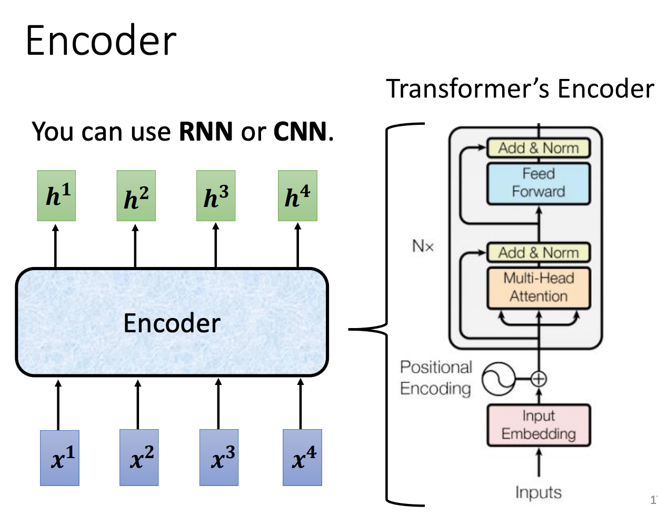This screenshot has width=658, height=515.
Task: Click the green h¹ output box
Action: pos(56,196)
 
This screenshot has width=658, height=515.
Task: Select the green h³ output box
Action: pos(216,196)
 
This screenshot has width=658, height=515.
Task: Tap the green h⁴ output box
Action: pos(297,196)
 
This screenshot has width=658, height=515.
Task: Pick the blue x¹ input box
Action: pos(60,458)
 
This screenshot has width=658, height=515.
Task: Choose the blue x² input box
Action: pos(139,457)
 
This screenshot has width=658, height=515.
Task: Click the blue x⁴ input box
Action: pos(302,457)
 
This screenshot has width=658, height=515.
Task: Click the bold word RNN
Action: pos(206,131)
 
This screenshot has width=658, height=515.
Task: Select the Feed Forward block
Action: pos(538,183)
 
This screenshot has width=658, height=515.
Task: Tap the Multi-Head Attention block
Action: pos(538,288)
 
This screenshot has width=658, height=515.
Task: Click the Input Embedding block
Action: pos(538,425)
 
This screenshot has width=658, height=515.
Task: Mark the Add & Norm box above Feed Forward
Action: pos(538,148)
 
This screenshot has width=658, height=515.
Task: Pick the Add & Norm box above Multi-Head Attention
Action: pos(538,253)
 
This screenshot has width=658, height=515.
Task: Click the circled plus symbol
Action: pos(538,379)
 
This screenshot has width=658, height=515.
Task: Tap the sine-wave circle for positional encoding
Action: pos(499,379)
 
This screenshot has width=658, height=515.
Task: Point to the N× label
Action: pos(423,246)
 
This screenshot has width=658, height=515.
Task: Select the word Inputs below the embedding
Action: pos(538,492)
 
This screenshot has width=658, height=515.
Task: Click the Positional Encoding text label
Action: pos(436,378)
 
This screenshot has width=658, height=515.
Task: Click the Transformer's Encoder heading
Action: pos(520,88)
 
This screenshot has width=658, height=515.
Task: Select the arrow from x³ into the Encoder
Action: pos(218,404)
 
